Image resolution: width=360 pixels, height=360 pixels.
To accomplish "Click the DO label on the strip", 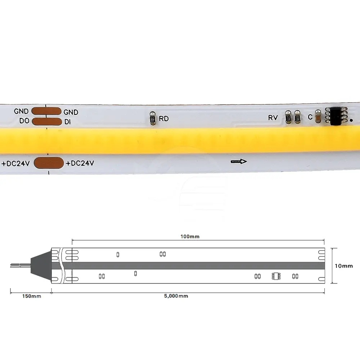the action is (24, 121).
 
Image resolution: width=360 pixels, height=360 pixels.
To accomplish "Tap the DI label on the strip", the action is (68, 122).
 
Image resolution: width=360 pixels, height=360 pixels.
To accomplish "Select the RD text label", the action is (164, 118).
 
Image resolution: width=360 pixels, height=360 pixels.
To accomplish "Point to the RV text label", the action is (273, 118).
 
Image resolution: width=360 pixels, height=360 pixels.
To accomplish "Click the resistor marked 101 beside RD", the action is (152, 118).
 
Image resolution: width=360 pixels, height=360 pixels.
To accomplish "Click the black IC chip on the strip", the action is (336, 116).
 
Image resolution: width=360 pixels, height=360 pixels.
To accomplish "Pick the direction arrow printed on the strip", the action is (239, 162).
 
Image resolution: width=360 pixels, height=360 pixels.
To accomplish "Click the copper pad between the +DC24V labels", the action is (49, 163).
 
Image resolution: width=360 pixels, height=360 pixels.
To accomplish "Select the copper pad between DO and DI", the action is (47, 122).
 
